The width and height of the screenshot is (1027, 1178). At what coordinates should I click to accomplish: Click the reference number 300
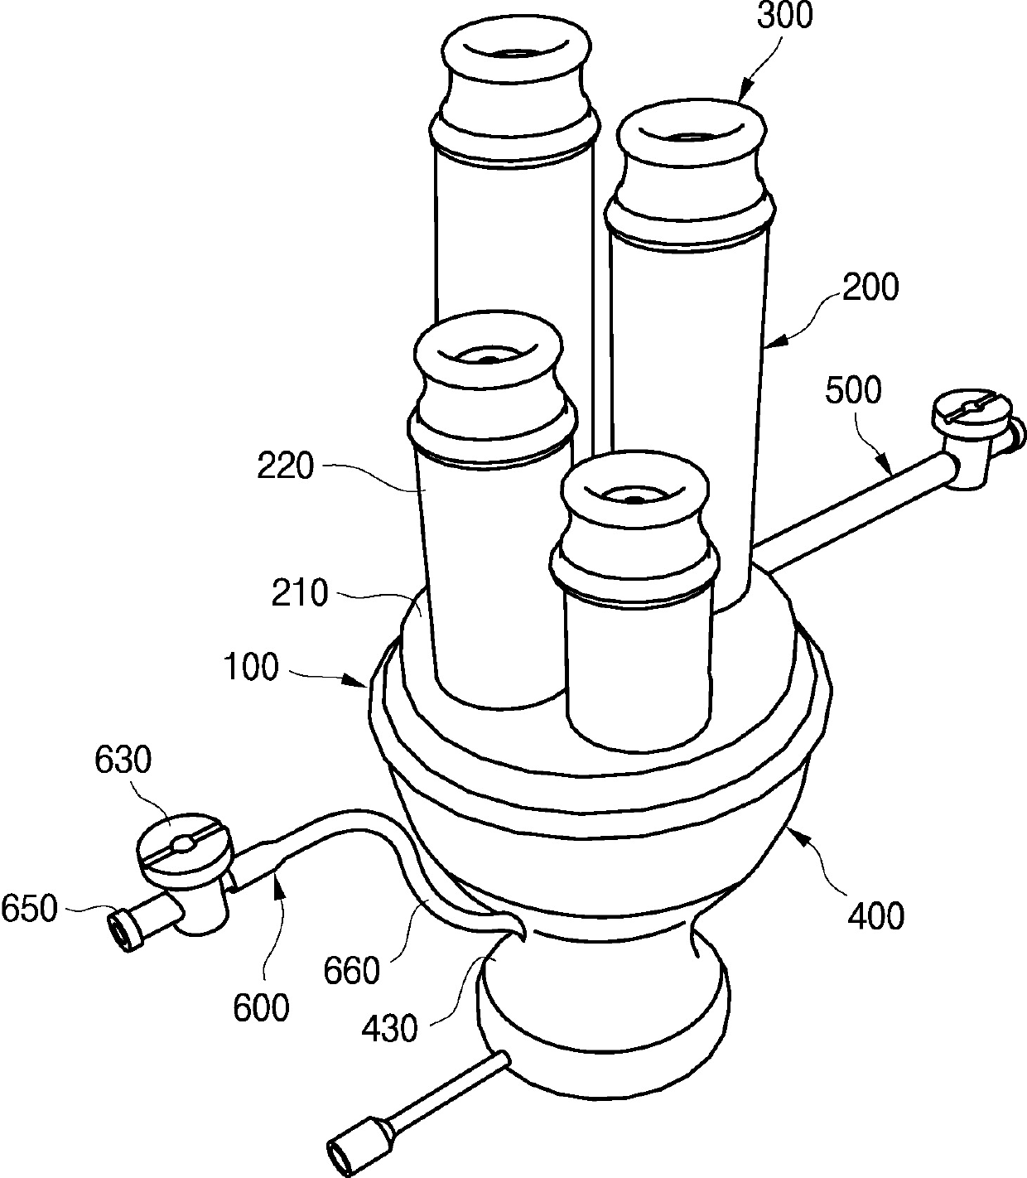tap(784, 17)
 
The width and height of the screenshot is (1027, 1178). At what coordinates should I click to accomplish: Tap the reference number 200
tap(870, 289)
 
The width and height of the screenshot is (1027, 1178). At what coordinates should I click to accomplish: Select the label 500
tap(855, 389)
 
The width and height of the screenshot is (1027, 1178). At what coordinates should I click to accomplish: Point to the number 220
tap(286, 467)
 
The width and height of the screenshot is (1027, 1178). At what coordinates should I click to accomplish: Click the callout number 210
tap(301, 594)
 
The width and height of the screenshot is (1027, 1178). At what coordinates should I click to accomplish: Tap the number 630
tap(123, 760)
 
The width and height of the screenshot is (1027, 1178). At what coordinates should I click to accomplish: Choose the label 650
tap(29, 909)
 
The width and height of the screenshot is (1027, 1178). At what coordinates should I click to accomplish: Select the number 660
tap(352, 970)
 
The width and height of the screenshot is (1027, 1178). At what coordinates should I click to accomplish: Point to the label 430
tap(388, 1030)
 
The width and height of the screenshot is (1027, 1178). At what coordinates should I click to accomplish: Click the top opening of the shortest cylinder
tap(634, 496)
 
